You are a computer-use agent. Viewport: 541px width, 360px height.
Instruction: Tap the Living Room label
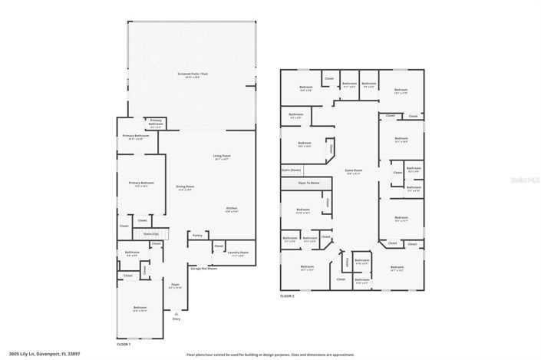coord(222,157)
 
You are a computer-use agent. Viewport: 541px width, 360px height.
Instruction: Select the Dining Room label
coord(185,187)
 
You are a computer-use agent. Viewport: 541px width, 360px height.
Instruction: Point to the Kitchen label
coord(231,209)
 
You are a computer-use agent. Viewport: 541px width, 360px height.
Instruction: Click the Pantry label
coord(197,236)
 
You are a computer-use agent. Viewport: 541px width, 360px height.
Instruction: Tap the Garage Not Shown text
coord(203,269)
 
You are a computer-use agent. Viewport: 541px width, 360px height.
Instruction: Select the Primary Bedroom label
coord(140,183)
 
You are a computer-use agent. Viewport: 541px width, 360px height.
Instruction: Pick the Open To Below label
coord(309,183)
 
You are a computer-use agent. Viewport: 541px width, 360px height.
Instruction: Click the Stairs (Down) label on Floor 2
coord(291,170)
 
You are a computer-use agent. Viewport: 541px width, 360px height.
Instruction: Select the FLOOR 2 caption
coord(287,296)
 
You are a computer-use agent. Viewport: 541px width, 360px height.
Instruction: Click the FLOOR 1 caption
coord(124,345)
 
